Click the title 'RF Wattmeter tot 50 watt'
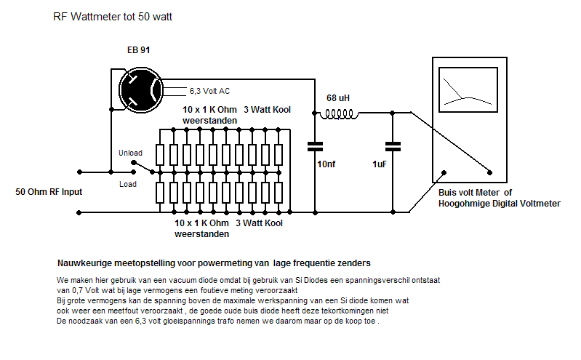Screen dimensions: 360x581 pyautogui.click(x=112, y=16)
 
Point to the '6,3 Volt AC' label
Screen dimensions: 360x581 pyautogui.click(x=210, y=92)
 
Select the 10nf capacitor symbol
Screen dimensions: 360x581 pyautogui.click(x=315, y=146)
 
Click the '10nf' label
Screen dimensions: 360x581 pyautogui.click(x=326, y=164)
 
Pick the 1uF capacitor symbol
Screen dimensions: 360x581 pyautogui.click(x=393, y=146)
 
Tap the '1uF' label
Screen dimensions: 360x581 pyautogui.click(x=380, y=165)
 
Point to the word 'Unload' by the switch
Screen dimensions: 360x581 pyautogui.click(x=130, y=153)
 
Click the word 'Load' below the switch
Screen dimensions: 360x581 pyautogui.click(x=127, y=184)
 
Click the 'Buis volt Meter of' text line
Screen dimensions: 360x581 pyautogui.click(x=476, y=193)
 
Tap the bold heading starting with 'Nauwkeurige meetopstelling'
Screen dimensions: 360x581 pyautogui.click(x=214, y=262)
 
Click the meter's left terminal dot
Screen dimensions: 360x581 pyautogui.click(x=442, y=173)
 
